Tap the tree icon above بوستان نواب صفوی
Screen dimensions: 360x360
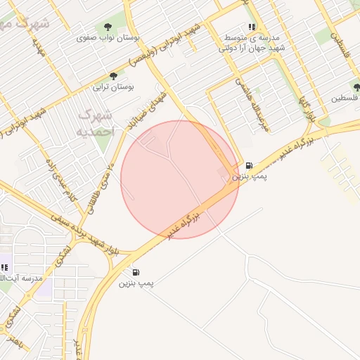(107, 26)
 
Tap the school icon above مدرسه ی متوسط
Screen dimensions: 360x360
(251, 27)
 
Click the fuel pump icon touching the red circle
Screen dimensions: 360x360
(248, 167)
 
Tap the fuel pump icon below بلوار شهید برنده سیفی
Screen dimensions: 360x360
(135, 272)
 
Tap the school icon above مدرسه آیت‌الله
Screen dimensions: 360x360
(4, 267)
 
